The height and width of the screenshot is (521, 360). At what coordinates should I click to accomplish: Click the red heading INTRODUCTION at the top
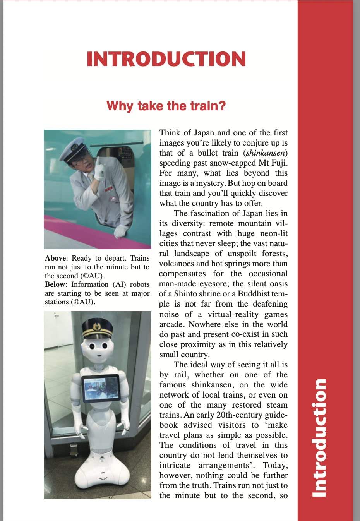pos(166,59)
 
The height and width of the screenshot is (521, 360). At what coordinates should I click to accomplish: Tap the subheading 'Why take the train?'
pos(166,106)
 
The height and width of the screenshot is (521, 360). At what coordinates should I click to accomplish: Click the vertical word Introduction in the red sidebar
pos(320,437)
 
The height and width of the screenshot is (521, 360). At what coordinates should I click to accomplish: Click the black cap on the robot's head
pos(97,327)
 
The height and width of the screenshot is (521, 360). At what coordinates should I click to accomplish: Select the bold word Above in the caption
pos(56,258)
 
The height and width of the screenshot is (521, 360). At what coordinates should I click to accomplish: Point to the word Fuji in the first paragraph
pos(278,163)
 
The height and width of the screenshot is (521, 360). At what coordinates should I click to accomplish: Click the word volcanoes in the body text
pos(177,264)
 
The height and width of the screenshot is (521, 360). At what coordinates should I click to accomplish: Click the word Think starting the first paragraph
pos(170,133)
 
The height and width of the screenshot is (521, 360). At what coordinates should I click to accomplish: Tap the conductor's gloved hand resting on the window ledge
pos(121,231)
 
